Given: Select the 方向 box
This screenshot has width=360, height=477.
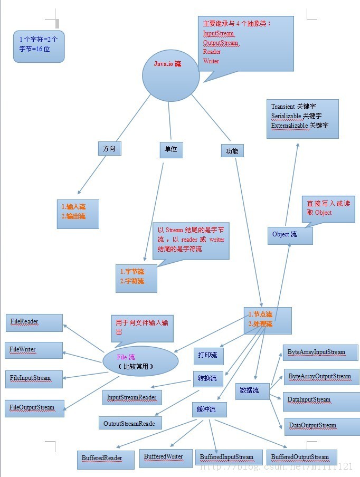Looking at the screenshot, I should (109, 149).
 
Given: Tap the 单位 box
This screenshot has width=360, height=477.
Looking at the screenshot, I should (171, 150).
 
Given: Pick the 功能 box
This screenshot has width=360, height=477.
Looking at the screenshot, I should (232, 151).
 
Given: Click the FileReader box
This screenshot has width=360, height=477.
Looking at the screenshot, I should (34, 322).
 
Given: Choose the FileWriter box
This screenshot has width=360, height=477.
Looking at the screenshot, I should (34, 350).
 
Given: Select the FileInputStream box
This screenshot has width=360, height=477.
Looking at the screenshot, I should (34, 378).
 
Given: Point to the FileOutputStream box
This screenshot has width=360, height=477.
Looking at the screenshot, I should (35, 408).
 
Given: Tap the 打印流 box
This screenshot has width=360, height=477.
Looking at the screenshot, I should (208, 356).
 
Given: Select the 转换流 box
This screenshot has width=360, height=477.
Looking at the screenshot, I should (208, 379).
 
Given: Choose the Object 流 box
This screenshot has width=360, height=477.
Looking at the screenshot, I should (290, 235).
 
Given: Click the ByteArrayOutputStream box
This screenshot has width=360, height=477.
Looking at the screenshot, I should (320, 377).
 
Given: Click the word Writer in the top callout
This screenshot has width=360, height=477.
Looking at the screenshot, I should (211, 61).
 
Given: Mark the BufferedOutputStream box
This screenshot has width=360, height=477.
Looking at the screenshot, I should (300, 457).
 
